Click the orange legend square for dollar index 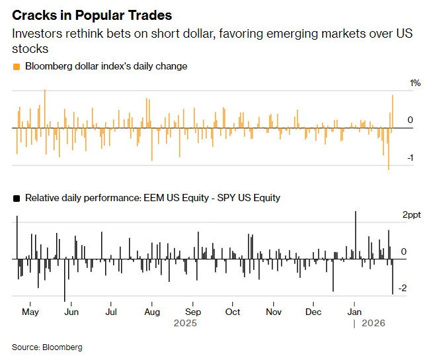(16, 66)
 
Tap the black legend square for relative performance (16, 198)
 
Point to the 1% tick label (415, 83)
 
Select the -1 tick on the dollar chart (411, 157)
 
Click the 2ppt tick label (411, 214)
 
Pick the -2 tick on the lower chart (411, 289)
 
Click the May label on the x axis (30, 311)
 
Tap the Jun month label (71, 311)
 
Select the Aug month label (152, 311)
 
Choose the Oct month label (233, 311)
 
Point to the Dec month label (314, 311)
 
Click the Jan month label (355, 311)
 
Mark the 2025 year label (185, 324)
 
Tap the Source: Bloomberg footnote (47, 347)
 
